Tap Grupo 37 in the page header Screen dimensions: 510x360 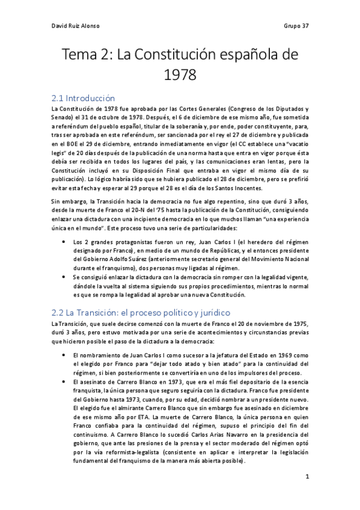pyautogui.click(x=296, y=26)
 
